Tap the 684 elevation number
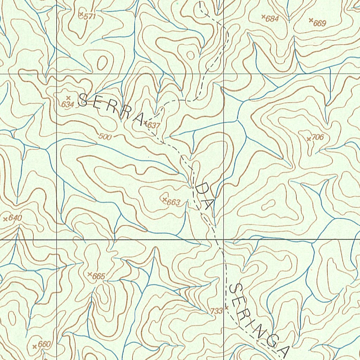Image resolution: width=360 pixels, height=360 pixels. [272, 19]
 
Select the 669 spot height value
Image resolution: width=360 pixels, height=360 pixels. [320, 24]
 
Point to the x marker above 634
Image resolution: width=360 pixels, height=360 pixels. [68, 97]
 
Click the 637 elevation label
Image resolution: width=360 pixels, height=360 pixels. [154, 125]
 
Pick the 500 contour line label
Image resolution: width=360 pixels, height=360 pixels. [105, 137]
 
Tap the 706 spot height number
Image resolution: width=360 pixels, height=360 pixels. [317, 137]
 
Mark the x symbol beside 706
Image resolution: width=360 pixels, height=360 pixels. [309, 139]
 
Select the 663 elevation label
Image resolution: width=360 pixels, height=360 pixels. [173, 202]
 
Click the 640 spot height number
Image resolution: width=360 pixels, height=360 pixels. [15, 218]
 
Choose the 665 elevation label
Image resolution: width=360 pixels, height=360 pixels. [98, 277]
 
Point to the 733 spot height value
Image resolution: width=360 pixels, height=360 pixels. [217, 311]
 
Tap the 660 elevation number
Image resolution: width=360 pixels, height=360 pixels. [44, 344]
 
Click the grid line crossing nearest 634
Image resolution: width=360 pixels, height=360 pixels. [57, 74]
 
